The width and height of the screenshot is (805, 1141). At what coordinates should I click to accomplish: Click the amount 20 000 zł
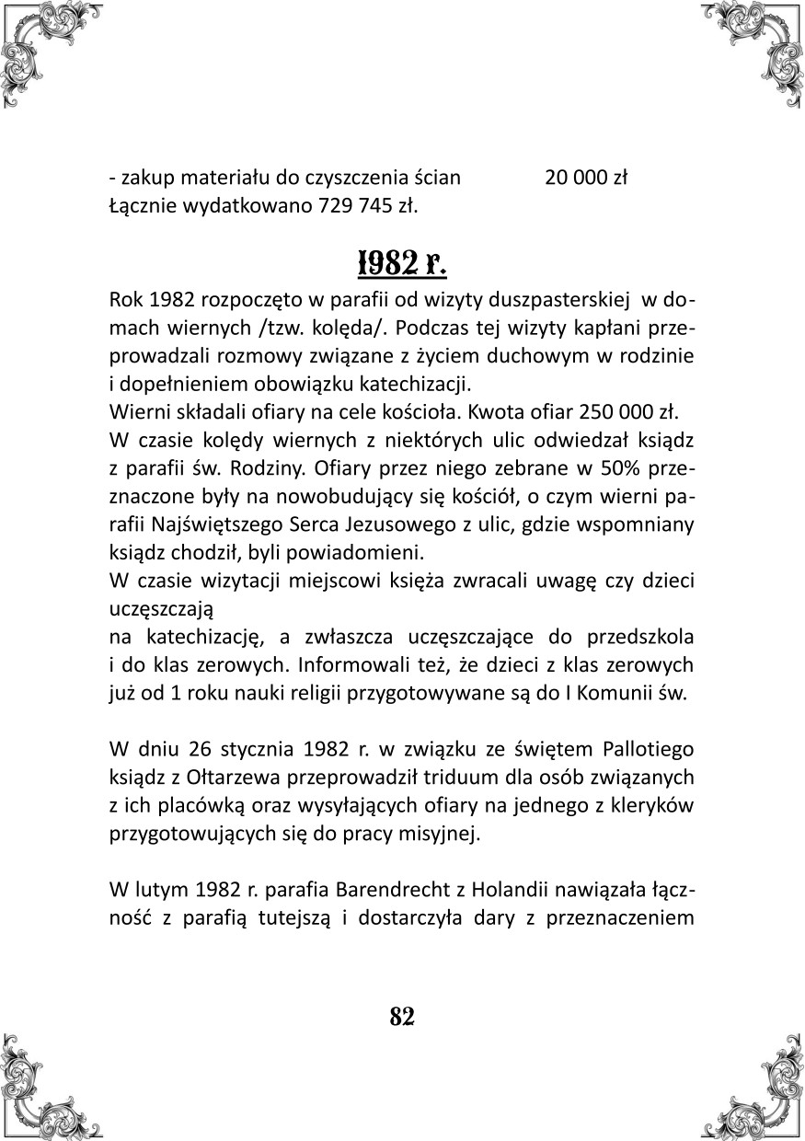pos(585,178)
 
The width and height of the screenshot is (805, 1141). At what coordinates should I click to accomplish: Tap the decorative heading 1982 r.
pos(401,262)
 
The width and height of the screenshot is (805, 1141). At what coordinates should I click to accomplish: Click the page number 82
pos(402,1016)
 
